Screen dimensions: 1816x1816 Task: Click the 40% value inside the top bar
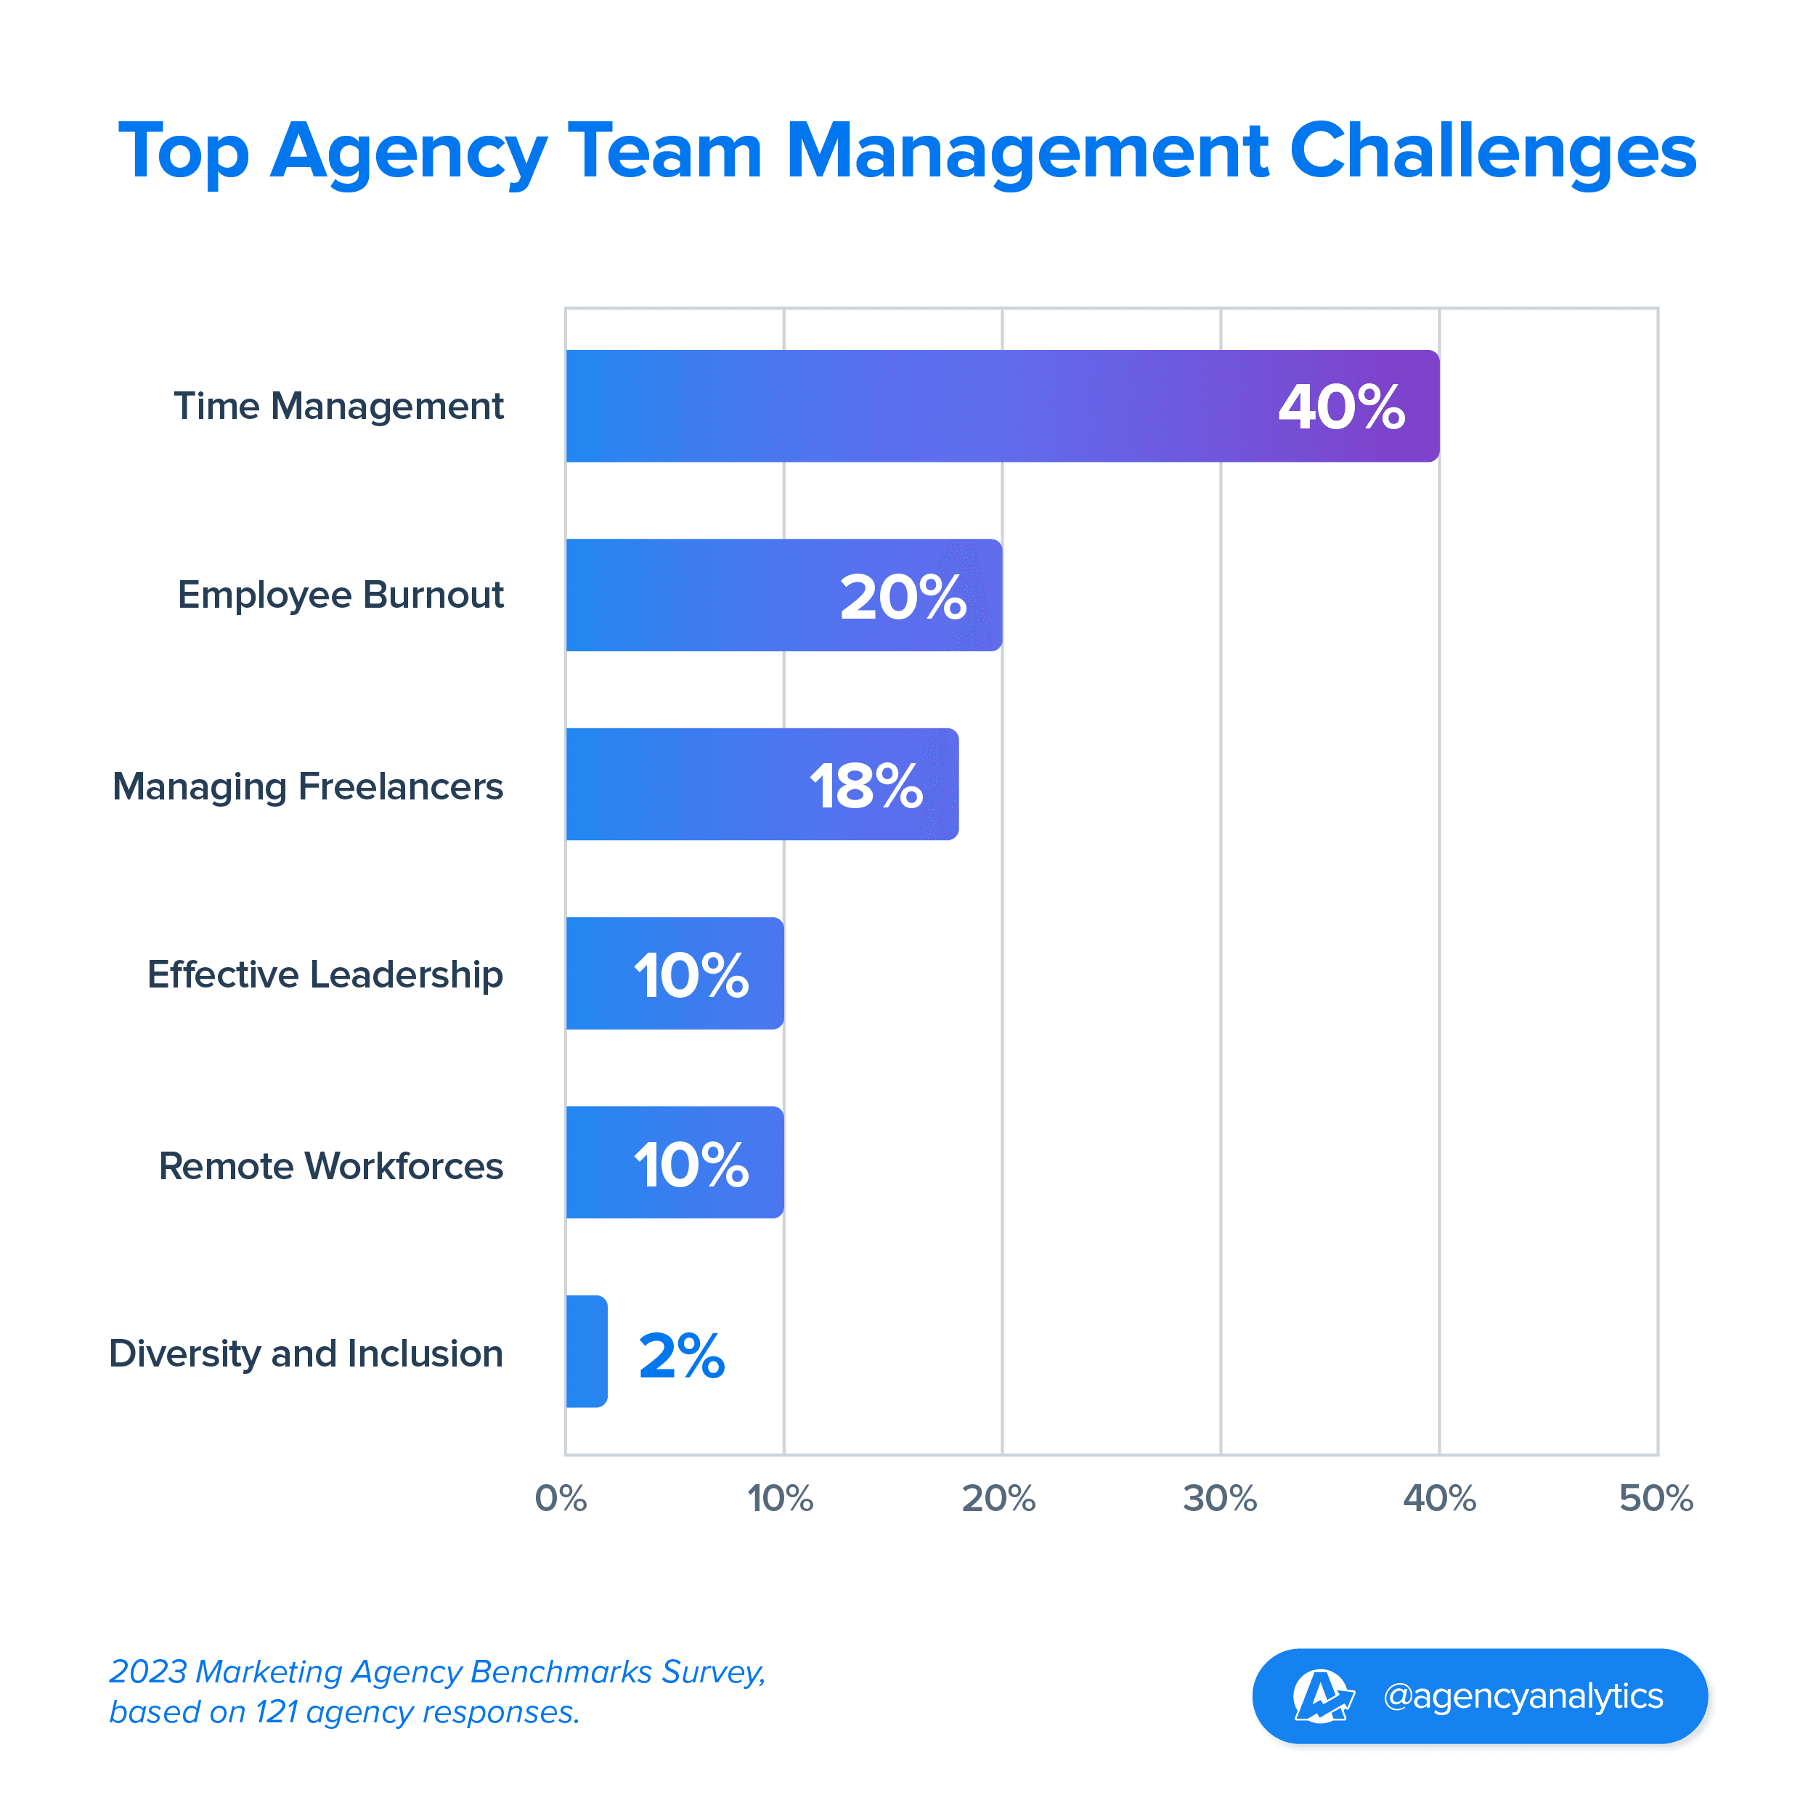[x=1341, y=407]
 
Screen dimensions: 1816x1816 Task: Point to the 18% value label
[x=866, y=786]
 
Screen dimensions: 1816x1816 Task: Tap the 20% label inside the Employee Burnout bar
[x=903, y=597]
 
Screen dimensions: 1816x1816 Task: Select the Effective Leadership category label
[x=325, y=974]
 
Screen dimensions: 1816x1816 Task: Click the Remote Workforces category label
[x=331, y=1165]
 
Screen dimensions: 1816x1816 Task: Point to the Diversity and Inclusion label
[x=306, y=1353]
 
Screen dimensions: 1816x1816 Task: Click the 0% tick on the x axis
[x=561, y=1498]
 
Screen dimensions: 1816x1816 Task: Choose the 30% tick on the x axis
[x=1219, y=1498]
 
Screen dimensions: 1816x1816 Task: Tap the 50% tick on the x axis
[x=1656, y=1498]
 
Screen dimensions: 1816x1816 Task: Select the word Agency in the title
[x=408, y=152]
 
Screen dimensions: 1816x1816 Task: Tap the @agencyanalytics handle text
[x=1523, y=1695]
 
